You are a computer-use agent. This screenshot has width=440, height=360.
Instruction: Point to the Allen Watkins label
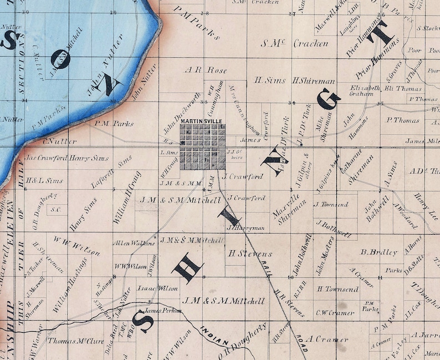[134, 242]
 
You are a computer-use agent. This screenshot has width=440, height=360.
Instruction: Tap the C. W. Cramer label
[335, 312]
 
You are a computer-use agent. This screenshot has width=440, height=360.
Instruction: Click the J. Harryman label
[245, 227]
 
